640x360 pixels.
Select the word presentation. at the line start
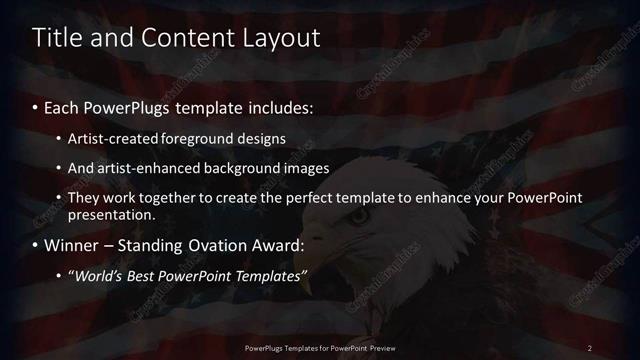click(112, 214)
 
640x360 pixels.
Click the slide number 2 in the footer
click(590, 348)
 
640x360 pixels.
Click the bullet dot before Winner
click(37, 246)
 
